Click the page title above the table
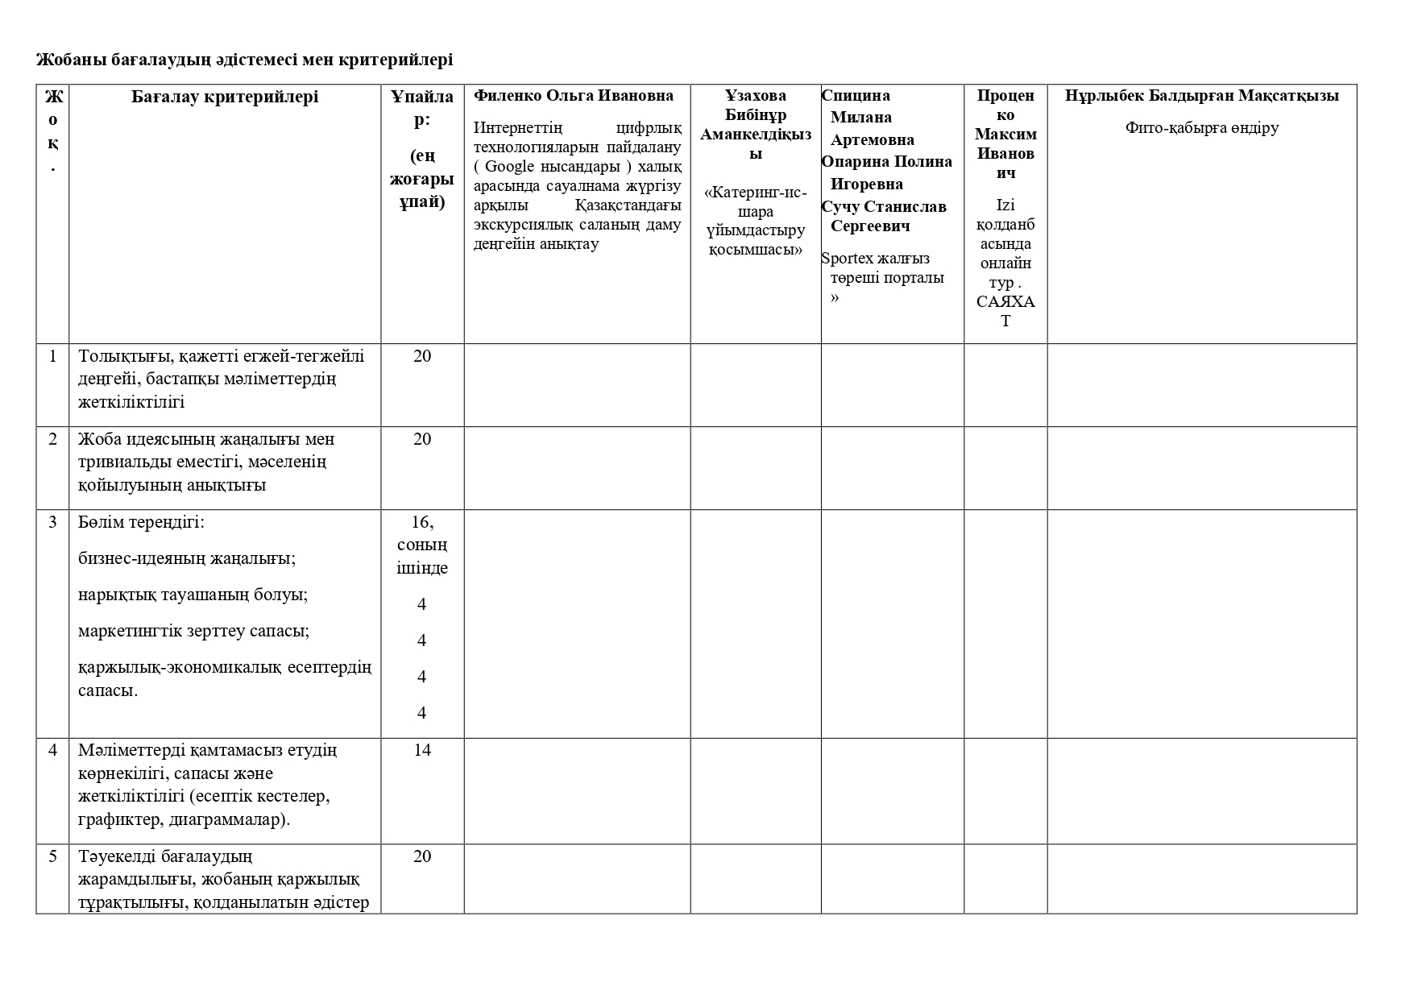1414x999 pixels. click(x=244, y=60)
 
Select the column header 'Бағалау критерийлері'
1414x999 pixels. click(x=225, y=97)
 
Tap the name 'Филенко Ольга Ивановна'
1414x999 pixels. click(x=573, y=95)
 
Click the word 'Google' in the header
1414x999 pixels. click(x=509, y=167)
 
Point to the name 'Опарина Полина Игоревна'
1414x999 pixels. click(x=885, y=172)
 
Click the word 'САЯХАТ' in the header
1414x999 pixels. click(x=1005, y=311)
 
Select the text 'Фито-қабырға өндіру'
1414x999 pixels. click(x=1201, y=127)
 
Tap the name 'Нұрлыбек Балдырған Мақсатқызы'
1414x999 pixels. click(x=1201, y=95)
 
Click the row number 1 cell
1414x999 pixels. click(x=53, y=355)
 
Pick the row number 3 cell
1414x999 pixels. click(x=53, y=522)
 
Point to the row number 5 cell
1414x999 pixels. click(x=53, y=856)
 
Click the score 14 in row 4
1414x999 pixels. click(x=422, y=750)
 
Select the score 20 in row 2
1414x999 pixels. click(x=422, y=439)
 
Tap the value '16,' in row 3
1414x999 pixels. click(x=422, y=522)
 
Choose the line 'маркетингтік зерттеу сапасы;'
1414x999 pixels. click(x=193, y=631)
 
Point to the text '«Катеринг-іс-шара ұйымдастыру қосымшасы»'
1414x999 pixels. click(x=755, y=221)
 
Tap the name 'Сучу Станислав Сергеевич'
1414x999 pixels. click(x=884, y=216)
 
